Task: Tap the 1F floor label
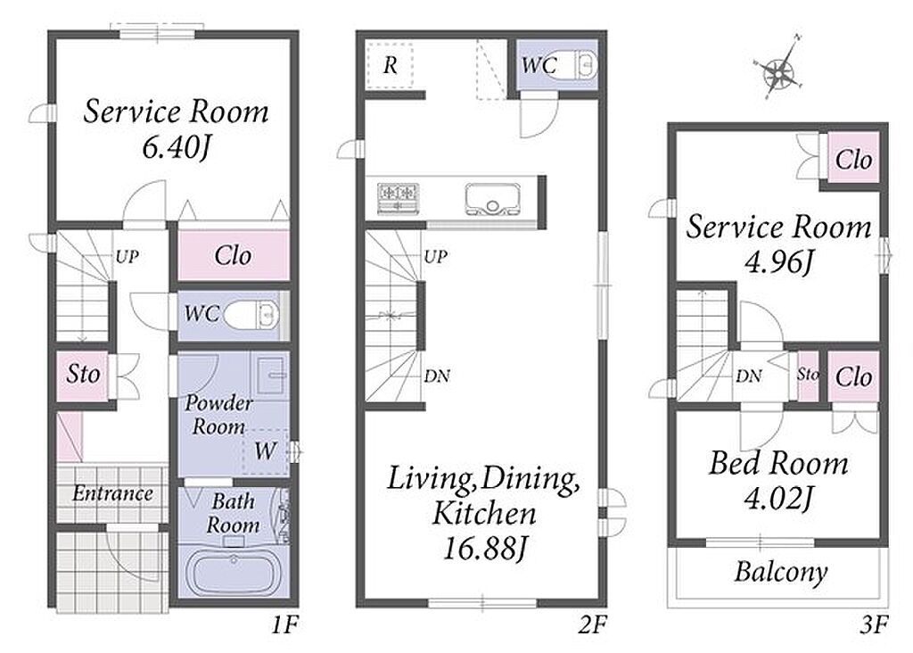284,625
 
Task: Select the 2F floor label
592,625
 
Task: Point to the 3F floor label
874,625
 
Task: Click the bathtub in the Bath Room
233,574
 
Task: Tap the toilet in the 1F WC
251,315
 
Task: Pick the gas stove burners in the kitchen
399,197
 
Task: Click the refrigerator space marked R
391,65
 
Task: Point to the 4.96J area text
777,262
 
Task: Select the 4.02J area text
777,498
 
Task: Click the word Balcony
780,572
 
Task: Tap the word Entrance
112,493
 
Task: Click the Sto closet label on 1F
83,374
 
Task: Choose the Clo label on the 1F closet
233,255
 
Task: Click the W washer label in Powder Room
265,450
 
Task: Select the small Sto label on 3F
808,374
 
